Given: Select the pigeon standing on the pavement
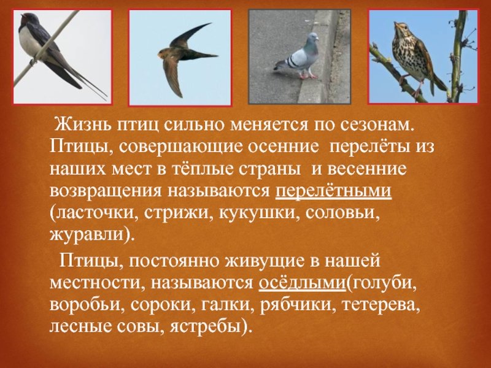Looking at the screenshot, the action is click(298, 56).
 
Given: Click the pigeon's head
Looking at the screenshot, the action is click(312, 38).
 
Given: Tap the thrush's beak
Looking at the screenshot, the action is click(395, 25).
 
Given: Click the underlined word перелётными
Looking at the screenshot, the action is click(333, 190).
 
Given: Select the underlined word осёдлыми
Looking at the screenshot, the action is click(302, 283).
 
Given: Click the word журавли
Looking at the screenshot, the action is click(88, 236).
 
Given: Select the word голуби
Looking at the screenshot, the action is click(382, 283).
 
